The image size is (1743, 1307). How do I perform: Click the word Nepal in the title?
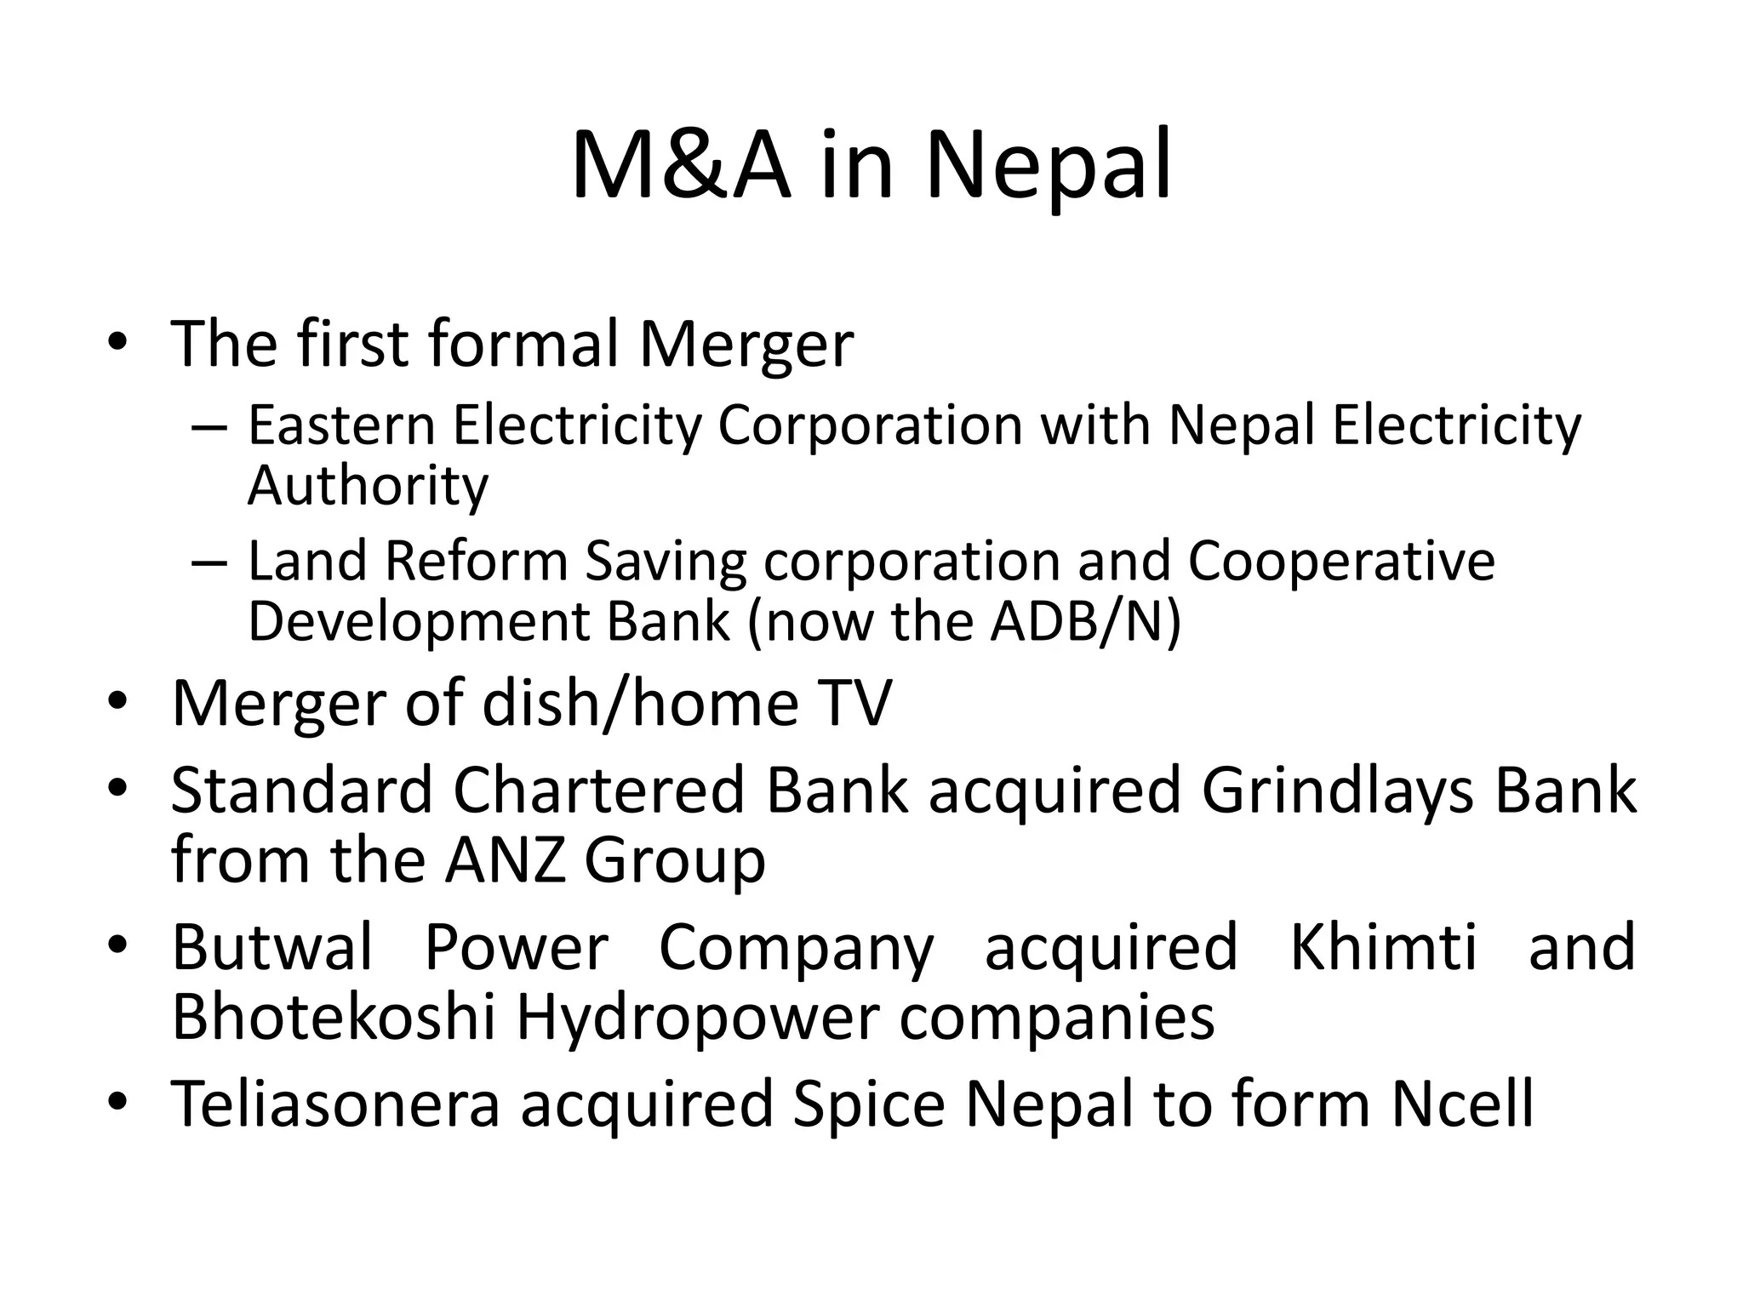click(x=1049, y=166)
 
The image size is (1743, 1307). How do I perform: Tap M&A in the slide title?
click(x=680, y=166)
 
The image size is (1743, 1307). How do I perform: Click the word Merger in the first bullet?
click(x=746, y=345)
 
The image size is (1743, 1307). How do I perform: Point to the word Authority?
click(x=368, y=486)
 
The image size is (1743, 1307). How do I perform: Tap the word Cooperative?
click(x=1341, y=562)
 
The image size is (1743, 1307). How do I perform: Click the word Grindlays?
click(x=1337, y=791)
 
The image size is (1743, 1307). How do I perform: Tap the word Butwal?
click(x=272, y=947)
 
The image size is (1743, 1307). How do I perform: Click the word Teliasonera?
click(x=335, y=1104)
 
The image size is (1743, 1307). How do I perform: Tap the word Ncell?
click(x=1462, y=1104)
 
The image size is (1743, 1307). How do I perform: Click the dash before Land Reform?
click(x=209, y=563)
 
